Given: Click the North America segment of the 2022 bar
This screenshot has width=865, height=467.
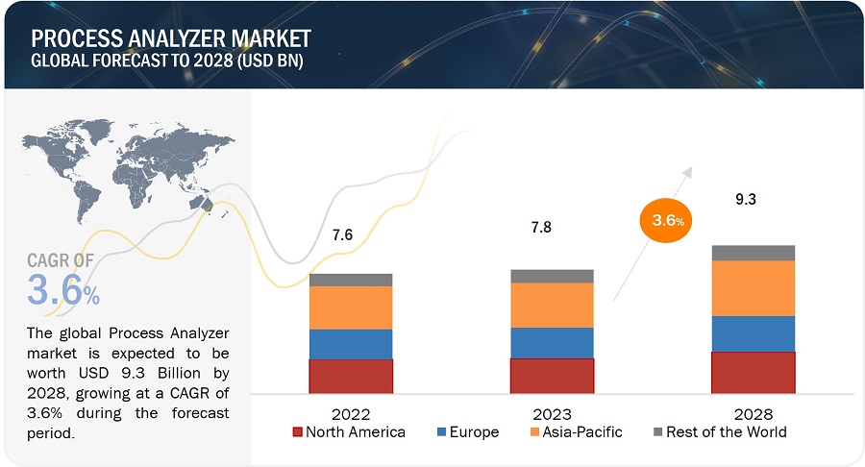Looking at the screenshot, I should coord(351,376).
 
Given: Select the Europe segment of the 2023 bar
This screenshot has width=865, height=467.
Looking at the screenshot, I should coord(552,342).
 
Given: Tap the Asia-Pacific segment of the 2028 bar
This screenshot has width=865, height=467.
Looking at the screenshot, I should coord(753,288).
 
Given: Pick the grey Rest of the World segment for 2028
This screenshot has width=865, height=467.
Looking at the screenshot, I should coord(753,253).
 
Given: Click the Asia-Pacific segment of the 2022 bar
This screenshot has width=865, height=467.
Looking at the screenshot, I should coord(351,307).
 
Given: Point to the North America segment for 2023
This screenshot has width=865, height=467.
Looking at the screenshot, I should coord(552,375).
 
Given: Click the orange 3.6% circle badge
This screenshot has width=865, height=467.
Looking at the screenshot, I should coord(664,219).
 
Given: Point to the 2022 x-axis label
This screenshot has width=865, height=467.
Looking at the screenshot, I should coord(351,414).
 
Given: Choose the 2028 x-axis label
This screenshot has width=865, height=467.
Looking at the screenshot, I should coord(753,414).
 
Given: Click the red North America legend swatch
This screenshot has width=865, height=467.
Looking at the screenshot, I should coord(298,432).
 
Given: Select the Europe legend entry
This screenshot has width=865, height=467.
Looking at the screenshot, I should coord(467,432).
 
